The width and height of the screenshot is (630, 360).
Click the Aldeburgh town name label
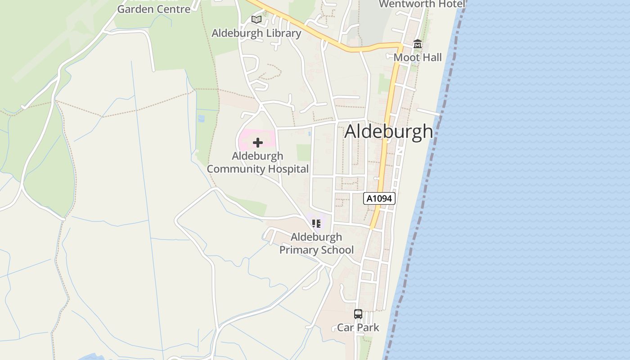click(389, 131)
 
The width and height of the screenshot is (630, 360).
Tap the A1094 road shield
click(379, 198)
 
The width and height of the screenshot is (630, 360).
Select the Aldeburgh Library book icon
click(256, 20)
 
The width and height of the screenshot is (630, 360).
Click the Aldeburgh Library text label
click(256, 33)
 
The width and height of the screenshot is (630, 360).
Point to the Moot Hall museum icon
click(418, 44)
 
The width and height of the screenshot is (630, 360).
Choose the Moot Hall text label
click(418, 58)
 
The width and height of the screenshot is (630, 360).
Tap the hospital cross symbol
click(258, 143)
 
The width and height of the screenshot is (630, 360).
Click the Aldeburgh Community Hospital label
click(258, 162)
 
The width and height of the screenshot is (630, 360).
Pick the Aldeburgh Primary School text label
click(316, 243)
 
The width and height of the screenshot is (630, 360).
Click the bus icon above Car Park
click(358, 314)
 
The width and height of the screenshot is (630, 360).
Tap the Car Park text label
click(358, 328)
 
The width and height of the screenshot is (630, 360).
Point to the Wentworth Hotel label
click(422, 4)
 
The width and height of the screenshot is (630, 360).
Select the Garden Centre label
click(154, 9)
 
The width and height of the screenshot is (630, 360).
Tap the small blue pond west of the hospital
click(201, 118)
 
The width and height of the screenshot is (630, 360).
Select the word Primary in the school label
click(297, 250)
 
